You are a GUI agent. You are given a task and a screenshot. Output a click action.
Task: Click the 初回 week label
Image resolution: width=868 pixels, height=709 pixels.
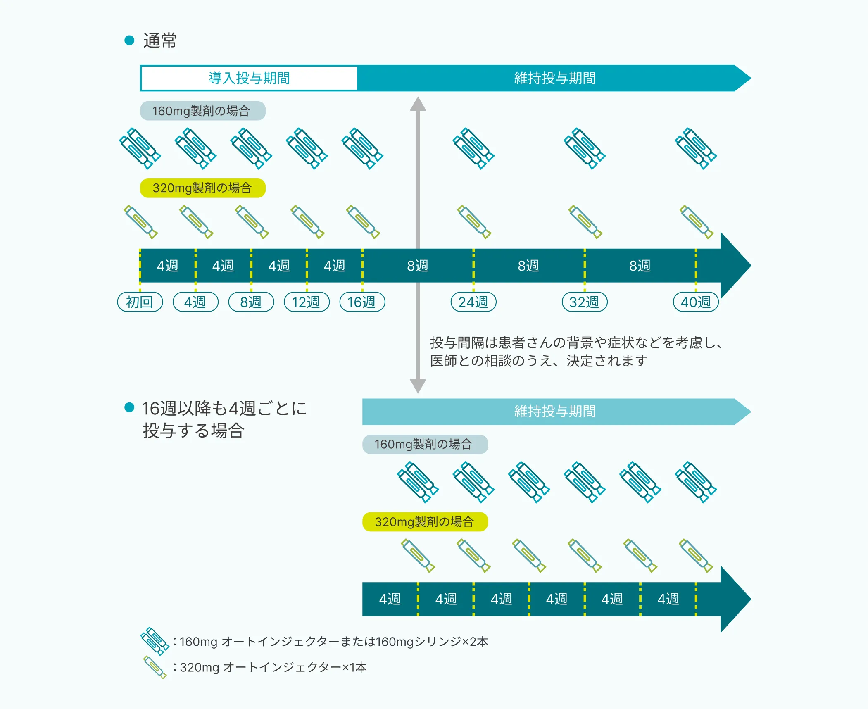coord(140,302)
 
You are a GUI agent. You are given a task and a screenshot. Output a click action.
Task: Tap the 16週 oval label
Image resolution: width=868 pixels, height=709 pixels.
coord(362,302)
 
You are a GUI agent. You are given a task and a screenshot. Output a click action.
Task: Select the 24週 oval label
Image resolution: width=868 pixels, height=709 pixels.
coord(473,302)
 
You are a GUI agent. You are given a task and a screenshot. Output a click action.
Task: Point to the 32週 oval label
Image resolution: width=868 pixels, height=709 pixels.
coord(584,302)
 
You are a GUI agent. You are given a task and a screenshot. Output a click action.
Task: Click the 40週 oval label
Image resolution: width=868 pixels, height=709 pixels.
coord(696,302)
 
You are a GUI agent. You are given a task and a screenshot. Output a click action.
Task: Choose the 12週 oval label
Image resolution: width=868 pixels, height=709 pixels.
coord(307,302)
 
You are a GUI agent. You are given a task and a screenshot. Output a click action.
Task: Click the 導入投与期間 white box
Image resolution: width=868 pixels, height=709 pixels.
coord(249,78)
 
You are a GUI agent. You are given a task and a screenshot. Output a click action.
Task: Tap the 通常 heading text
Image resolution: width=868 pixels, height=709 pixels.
coord(160,40)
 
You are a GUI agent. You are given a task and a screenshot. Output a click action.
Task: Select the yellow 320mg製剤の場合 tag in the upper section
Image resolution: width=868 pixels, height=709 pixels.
coord(202,188)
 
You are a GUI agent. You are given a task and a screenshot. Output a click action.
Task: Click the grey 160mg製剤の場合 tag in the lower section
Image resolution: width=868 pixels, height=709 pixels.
coord(425,444)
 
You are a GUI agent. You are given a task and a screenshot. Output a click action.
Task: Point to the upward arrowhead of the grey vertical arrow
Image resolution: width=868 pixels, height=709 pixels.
coord(418,104)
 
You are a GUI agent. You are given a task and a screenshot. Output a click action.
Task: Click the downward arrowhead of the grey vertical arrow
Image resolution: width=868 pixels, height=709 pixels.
coord(418,385)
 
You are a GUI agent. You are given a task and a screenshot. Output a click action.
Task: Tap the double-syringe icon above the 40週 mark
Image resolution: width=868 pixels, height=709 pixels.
coord(696,148)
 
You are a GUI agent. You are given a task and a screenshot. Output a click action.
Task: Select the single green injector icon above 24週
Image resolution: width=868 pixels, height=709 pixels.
coord(474,222)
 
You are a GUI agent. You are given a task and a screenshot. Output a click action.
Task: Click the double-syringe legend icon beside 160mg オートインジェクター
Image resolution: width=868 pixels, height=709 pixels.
coord(155,641)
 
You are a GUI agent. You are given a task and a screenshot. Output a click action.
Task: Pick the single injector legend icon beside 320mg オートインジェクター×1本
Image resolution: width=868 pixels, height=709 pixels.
coord(155,667)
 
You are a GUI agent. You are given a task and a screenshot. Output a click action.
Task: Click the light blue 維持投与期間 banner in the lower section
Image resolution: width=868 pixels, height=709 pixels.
coord(554,412)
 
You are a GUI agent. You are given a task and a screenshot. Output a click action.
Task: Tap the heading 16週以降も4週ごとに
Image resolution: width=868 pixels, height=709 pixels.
coord(224,408)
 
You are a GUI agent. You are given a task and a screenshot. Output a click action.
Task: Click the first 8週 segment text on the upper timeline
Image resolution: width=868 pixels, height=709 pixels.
coord(418,266)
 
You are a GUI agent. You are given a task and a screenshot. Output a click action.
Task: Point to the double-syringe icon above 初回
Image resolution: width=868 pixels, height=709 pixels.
coord(140,148)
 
